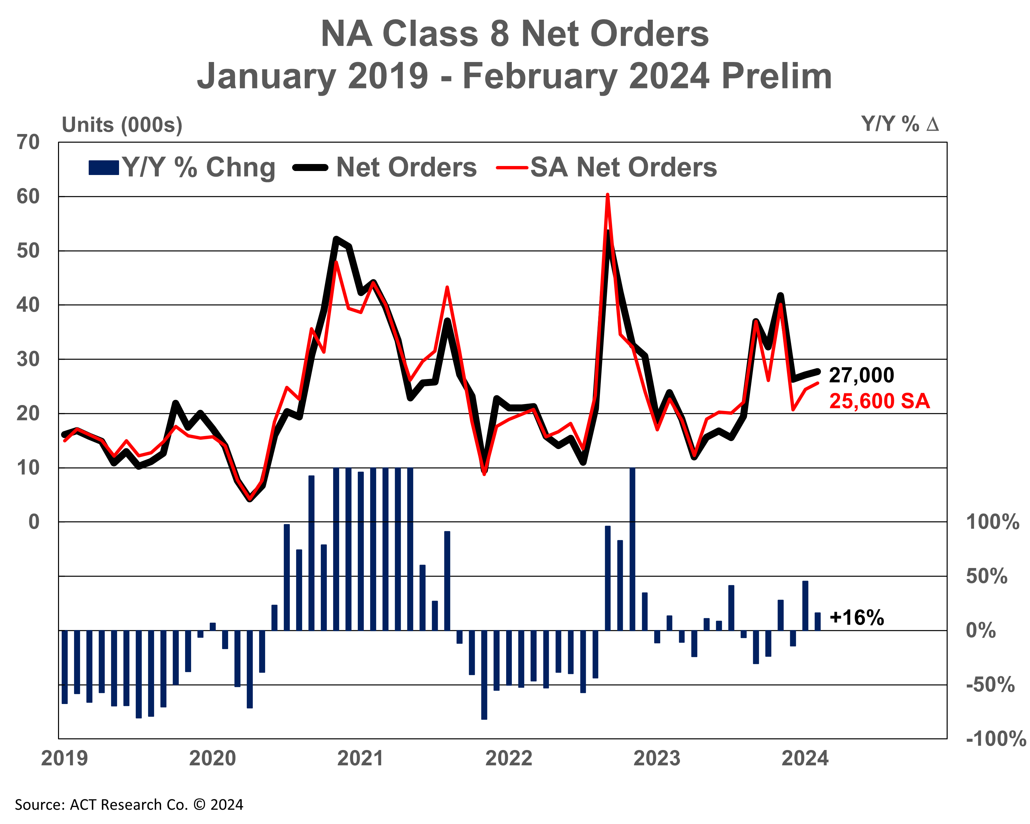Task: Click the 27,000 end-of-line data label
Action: [861, 375]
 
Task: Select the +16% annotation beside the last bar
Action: [857, 618]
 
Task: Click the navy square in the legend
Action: [104, 168]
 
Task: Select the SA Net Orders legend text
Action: [624, 167]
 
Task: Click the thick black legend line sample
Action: [310, 168]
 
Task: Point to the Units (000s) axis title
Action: [122, 125]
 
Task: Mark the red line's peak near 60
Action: [607, 195]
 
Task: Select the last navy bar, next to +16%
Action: [817, 621]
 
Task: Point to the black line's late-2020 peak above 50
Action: [336, 239]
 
